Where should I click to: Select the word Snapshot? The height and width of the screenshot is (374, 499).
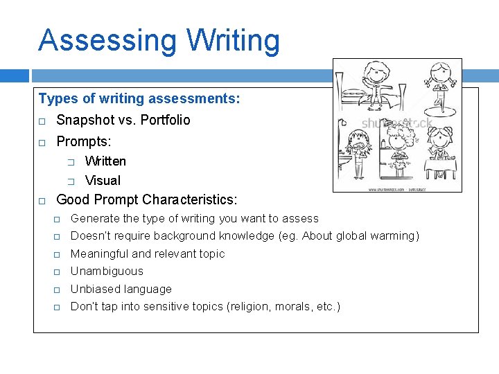click(x=84, y=120)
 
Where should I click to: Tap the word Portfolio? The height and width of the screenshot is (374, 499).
click(x=165, y=120)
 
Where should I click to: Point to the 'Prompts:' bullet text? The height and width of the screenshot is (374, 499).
click(x=84, y=141)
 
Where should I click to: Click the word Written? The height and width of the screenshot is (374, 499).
click(x=105, y=161)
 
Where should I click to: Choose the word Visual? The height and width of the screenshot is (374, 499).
click(x=103, y=181)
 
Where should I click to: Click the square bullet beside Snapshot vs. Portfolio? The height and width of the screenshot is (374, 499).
click(x=42, y=121)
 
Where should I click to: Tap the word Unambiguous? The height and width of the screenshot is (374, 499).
click(x=107, y=271)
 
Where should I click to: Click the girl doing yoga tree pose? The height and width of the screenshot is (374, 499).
click(x=440, y=87)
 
